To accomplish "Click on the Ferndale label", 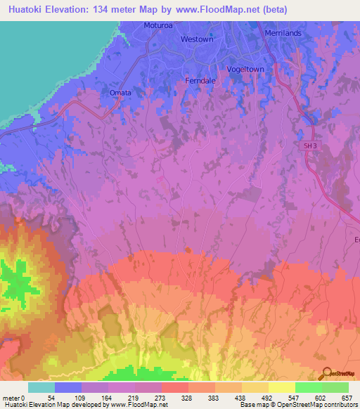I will tap(203, 80).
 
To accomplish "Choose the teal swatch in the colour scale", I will tap(41, 387).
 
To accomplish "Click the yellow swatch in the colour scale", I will tap(282, 387).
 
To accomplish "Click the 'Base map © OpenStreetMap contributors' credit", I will tap(298, 405).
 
